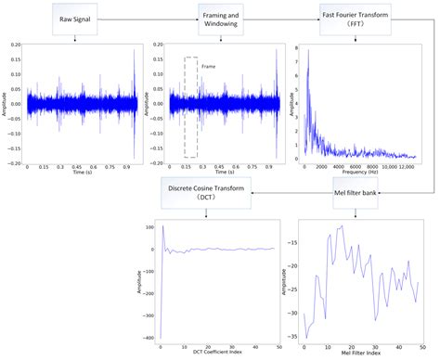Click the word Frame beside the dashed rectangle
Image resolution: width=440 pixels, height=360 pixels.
pos(208,66)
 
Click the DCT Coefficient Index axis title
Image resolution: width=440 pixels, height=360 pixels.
pos(219,354)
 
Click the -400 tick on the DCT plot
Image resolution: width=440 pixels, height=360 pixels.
pos(149,338)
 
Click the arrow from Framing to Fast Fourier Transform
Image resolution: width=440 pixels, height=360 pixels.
pos(284,18)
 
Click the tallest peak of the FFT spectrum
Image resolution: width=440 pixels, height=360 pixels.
pos(308,49)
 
